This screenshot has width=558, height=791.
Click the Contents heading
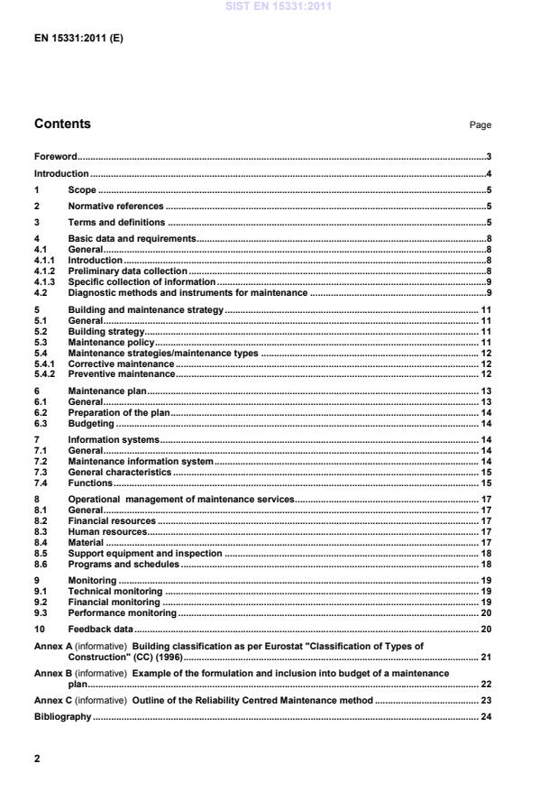[x=62, y=124]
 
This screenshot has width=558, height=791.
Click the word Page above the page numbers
[x=480, y=125]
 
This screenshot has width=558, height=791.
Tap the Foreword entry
[x=55, y=156]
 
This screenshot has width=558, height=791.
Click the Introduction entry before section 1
[x=61, y=173]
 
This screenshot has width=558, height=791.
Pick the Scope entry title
[x=82, y=190]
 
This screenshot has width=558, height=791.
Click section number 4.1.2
[x=45, y=270]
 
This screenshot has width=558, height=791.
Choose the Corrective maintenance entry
[x=121, y=363]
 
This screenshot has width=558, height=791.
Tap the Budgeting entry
[x=91, y=423]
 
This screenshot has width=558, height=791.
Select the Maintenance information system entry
[x=141, y=461]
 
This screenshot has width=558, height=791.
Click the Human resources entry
[x=107, y=531]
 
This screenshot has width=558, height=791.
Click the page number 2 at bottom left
[x=37, y=759]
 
